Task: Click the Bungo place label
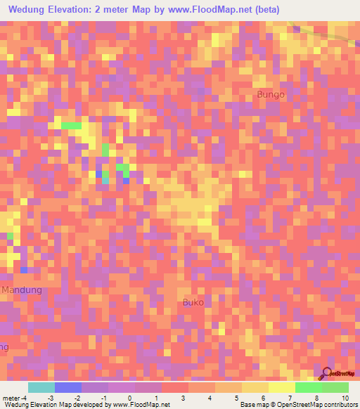click(x=271, y=94)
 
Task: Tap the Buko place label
click(x=193, y=302)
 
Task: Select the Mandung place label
click(x=22, y=290)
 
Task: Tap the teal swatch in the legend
click(x=41, y=387)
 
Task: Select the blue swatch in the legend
click(x=67, y=387)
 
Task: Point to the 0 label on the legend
click(x=129, y=398)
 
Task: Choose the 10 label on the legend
click(x=345, y=398)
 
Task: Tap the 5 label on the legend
click(x=236, y=398)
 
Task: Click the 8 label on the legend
click(x=316, y=398)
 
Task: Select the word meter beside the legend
click(x=12, y=398)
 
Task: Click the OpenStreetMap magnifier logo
click(x=326, y=373)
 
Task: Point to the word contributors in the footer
click(x=340, y=405)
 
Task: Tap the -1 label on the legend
click(x=103, y=398)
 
